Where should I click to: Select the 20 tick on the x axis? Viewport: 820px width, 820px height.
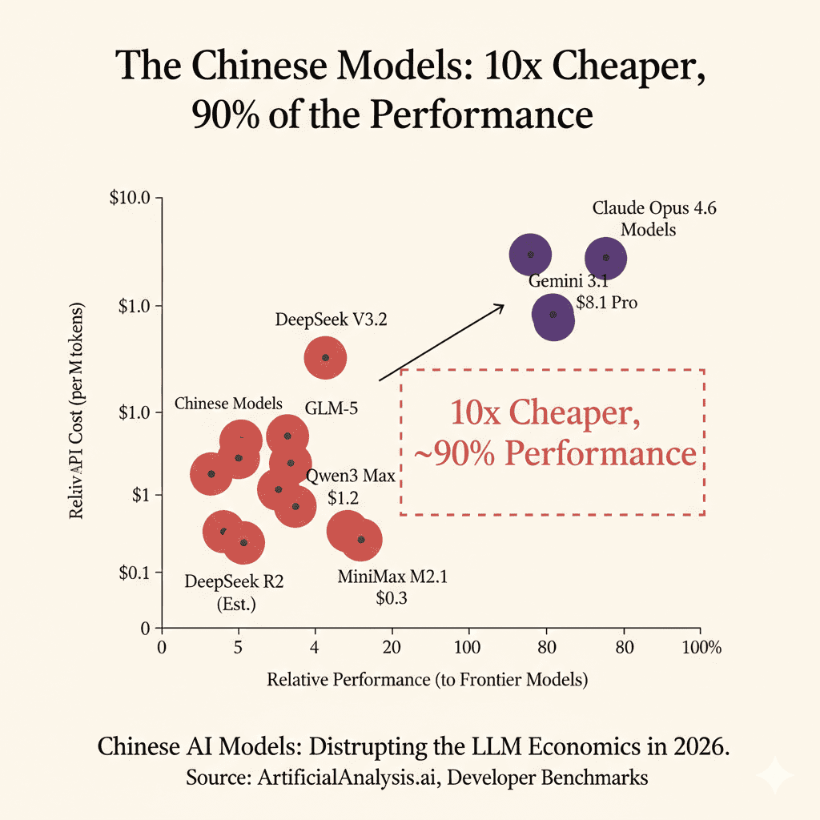point(392,647)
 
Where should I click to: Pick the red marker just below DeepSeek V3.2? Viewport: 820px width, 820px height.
point(324,358)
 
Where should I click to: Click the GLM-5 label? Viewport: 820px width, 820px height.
point(332,408)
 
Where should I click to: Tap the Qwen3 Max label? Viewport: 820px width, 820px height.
point(351,477)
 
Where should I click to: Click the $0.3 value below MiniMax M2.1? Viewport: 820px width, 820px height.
point(392,597)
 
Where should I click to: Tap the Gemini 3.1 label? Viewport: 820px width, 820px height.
point(564,283)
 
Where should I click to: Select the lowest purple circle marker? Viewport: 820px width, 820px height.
point(553,316)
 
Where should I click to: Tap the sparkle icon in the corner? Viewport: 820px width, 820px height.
point(776,775)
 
